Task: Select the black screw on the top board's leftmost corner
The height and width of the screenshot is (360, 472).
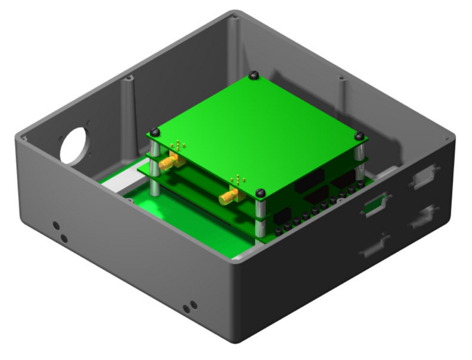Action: click(x=155, y=132)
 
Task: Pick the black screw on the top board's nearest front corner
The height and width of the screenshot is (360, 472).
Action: click(x=260, y=193)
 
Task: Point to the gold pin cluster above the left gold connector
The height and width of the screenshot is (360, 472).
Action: click(x=179, y=145)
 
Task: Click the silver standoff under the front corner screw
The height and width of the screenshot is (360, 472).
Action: click(x=260, y=216)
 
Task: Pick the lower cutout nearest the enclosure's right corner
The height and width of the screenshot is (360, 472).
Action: click(x=423, y=217)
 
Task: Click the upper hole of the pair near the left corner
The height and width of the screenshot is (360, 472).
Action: click(x=56, y=226)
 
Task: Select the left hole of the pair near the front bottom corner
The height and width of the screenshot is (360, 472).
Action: click(x=186, y=309)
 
